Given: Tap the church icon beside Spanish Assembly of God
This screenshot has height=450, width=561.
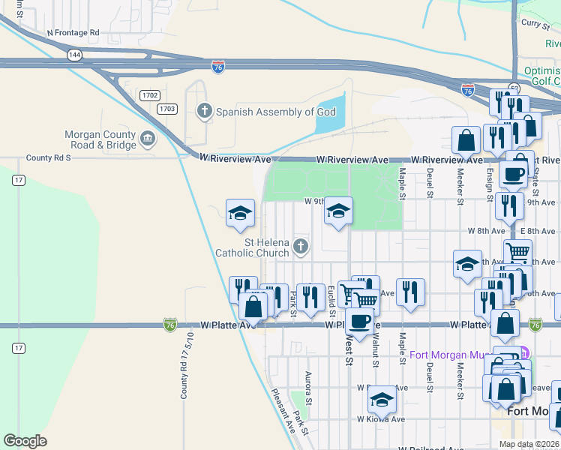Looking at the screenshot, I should [203, 112].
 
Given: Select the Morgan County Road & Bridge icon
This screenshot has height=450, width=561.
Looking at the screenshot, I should [148, 139].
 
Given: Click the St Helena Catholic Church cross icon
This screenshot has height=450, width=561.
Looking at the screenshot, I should [300, 246].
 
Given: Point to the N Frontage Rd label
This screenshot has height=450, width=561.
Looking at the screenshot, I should [73, 33].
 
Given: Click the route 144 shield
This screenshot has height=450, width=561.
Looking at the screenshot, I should [74, 55].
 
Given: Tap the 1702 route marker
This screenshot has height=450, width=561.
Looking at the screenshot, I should [148, 94].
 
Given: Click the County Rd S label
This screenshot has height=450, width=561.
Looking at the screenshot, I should [48, 158].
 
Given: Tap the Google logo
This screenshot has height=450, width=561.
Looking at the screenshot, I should [25, 440].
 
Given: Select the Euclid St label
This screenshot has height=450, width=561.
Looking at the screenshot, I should [331, 301].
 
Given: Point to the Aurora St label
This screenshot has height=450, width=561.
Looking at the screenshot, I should [307, 385].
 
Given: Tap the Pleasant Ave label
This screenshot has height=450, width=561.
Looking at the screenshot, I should [284, 410].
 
